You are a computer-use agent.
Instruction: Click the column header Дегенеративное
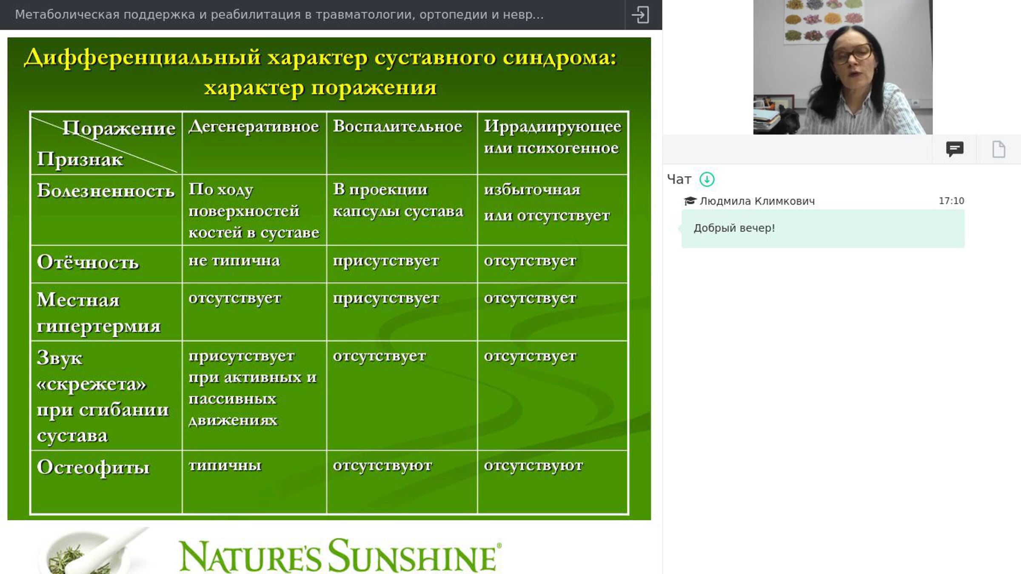click(254, 126)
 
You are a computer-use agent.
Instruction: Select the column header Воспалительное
click(397, 126)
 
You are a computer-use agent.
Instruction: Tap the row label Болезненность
click(106, 190)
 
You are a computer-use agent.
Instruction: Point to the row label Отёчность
click(88, 262)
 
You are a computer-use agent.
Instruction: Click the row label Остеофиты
click(93, 467)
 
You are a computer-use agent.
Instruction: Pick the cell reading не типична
click(234, 260)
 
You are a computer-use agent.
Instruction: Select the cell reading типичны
click(225, 465)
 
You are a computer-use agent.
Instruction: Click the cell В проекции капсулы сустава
click(398, 200)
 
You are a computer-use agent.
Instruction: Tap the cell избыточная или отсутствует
click(547, 203)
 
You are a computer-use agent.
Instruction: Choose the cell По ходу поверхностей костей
click(254, 211)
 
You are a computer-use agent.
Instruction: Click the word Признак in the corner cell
click(80, 159)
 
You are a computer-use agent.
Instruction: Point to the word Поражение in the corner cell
click(119, 128)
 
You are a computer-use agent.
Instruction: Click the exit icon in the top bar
click(640, 15)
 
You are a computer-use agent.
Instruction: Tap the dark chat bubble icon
click(955, 149)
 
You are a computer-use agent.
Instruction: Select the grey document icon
click(999, 149)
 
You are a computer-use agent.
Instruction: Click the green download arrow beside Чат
click(707, 179)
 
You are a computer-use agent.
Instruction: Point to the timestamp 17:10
click(951, 201)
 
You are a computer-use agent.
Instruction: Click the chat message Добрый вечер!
click(734, 228)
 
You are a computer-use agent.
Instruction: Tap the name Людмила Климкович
click(757, 201)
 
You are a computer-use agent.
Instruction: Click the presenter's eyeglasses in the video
click(851, 54)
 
